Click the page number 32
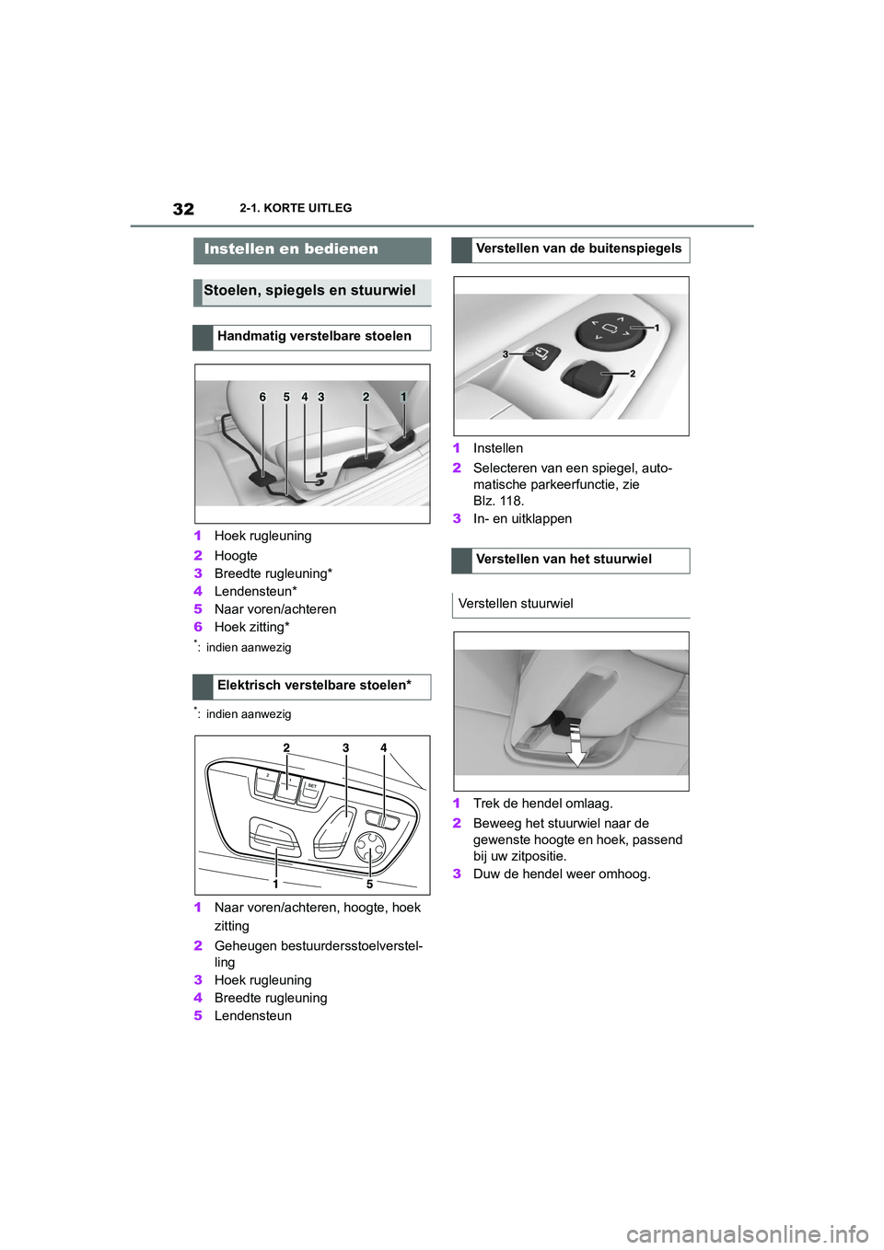tap(183, 209)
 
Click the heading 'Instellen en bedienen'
tap(291, 249)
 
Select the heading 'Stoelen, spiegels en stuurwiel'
tap(309, 291)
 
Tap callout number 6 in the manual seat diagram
tap(262, 398)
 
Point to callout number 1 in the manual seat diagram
tap(403, 398)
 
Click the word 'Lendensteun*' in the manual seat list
tap(256, 592)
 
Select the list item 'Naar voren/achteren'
tap(275, 609)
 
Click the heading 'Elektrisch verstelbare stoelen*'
tap(314, 686)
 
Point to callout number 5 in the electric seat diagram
tap(369, 885)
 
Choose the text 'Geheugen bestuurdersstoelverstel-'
tap(319, 946)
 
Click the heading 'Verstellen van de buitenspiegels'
tap(578, 249)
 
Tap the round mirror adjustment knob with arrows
tap(610, 329)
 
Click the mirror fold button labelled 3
tap(542, 353)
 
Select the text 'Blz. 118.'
tap(498, 502)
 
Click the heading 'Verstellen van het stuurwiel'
tap(564, 560)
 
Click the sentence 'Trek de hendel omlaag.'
tap(542, 804)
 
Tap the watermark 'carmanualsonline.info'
tap(747, 1233)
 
